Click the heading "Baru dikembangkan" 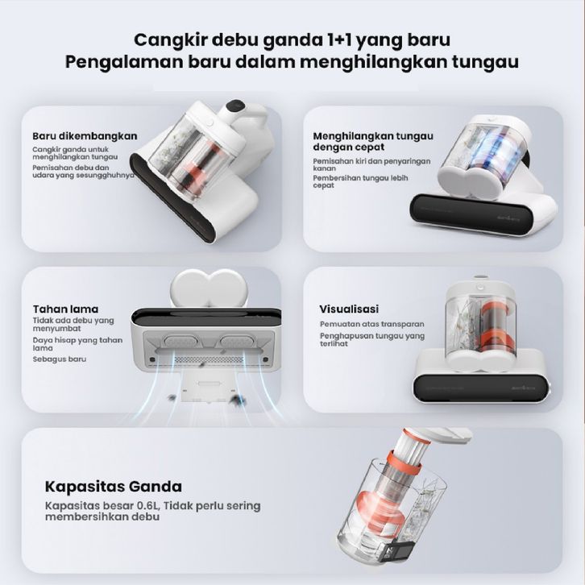[x=85, y=136]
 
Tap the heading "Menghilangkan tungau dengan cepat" [x=373, y=141]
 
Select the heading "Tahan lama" [x=65, y=309]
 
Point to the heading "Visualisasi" [x=349, y=309]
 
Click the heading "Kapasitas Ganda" [x=114, y=487]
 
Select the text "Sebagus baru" [x=60, y=359]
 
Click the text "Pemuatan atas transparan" [x=372, y=324]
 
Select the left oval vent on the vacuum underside [x=177, y=341]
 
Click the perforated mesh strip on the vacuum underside [x=209, y=360]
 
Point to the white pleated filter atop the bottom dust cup [x=414, y=446]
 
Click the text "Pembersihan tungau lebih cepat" [x=360, y=181]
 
